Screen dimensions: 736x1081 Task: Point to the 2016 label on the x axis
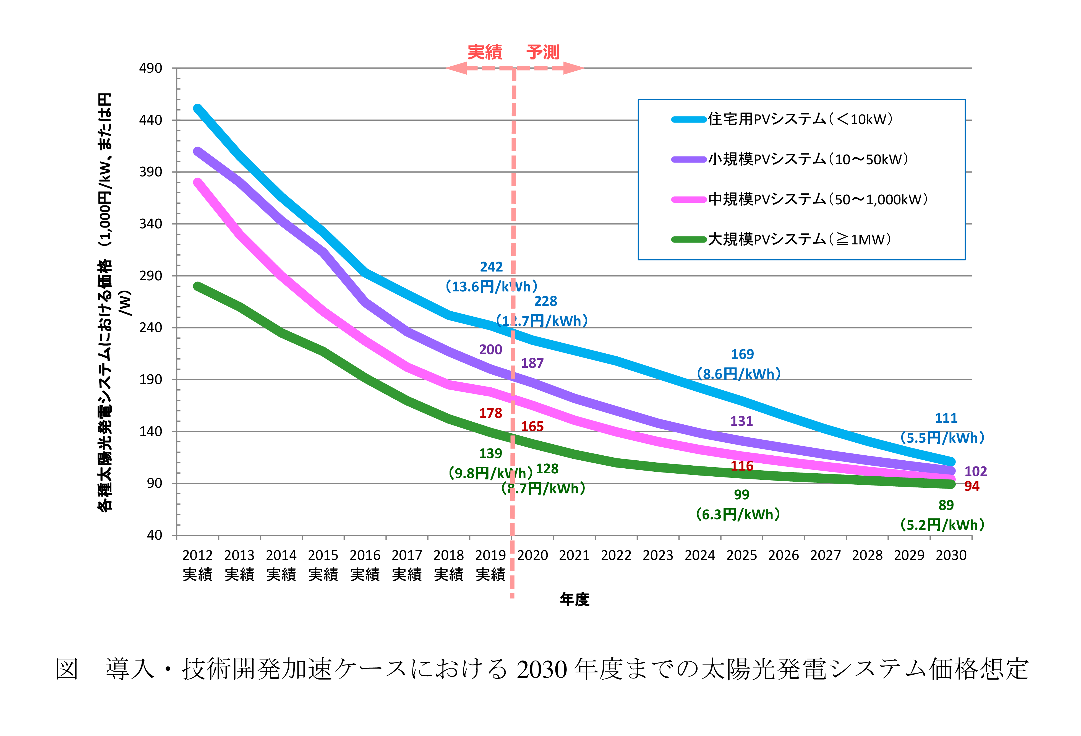pyautogui.click(x=365, y=555)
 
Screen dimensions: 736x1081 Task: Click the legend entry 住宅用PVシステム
pyautogui.click(x=800, y=119)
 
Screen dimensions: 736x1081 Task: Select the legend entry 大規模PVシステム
pyautogui.click(x=799, y=240)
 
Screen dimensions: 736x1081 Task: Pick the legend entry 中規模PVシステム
pyautogui.click(x=818, y=200)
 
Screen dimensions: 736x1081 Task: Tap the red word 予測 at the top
pyautogui.click(x=543, y=52)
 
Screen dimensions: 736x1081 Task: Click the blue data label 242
pyautogui.click(x=491, y=267)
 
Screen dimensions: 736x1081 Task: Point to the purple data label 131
pyautogui.click(x=741, y=421)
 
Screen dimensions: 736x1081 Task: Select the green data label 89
pyautogui.click(x=946, y=505)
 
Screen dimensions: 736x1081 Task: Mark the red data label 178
pyautogui.click(x=491, y=413)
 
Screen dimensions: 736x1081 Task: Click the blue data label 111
pyautogui.click(x=946, y=418)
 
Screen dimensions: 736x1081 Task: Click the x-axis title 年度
pyautogui.click(x=575, y=600)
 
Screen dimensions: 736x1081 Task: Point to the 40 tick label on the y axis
pyautogui.click(x=155, y=535)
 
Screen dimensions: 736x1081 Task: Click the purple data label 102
pyautogui.click(x=975, y=471)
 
